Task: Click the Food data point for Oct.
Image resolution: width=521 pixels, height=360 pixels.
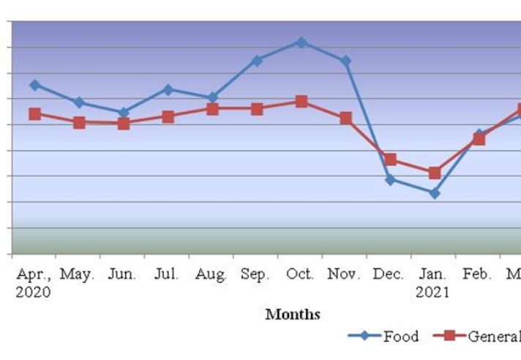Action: (301, 42)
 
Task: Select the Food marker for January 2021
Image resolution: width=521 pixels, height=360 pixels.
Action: (435, 193)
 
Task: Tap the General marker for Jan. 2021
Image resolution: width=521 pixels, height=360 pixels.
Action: (435, 173)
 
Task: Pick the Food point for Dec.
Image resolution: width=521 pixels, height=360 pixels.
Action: (390, 179)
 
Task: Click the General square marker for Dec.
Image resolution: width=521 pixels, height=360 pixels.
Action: (390, 160)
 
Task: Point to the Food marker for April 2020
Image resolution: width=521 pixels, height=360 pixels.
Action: (34, 85)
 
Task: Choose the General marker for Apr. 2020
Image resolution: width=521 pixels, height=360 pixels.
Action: (34, 113)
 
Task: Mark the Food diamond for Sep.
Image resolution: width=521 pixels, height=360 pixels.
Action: (257, 61)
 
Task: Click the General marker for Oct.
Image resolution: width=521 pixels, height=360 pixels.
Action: (301, 101)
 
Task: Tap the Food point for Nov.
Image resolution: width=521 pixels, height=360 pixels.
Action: (345, 61)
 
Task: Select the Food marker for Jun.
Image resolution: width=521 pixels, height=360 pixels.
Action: (124, 112)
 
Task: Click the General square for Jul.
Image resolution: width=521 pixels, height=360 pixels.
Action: (168, 116)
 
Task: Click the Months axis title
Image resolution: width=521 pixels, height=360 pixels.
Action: (293, 315)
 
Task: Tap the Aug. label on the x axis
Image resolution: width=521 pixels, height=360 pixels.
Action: (212, 274)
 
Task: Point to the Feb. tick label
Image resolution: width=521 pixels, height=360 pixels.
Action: (478, 274)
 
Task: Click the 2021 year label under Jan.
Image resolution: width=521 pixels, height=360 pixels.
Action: (434, 292)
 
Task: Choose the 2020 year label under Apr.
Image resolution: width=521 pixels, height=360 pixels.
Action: (33, 292)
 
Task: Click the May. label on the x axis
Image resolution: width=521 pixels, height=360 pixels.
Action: (78, 274)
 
